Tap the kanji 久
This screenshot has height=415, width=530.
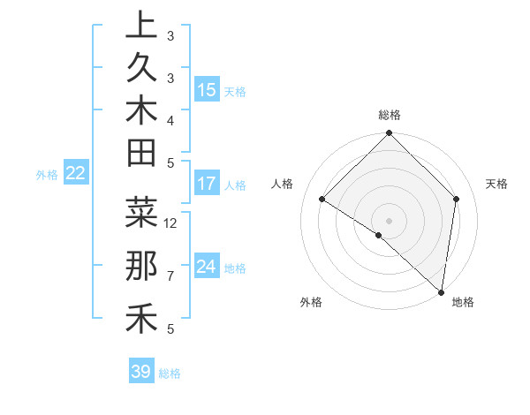(x=141, y=68)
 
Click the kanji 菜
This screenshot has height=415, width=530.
(x=141, y=212)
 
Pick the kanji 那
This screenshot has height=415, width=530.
(x=141, y=266)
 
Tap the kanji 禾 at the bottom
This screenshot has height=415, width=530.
(x=141, y=318)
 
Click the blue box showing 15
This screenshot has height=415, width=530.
(x=207, y=90)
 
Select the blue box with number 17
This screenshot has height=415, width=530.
(x=207, y=185)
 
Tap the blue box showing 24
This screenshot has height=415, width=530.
(x=207, y=267)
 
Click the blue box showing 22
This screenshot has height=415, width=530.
(x=76, y=174)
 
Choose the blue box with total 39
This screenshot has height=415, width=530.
(x=141, y=372)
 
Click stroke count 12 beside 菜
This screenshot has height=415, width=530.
(x=171, y=223)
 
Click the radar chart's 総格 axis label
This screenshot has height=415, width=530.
(x=389, y=115)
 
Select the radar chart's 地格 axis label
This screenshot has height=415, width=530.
(x=463, y=303)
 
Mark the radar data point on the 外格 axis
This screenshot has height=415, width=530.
(x=378, y=235)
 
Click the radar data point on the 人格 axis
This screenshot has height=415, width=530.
(x=322, y=200)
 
